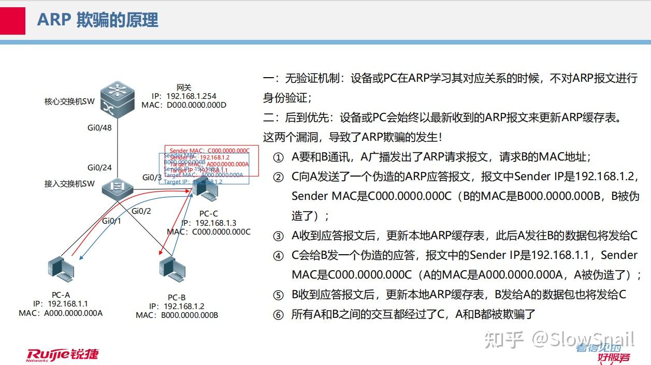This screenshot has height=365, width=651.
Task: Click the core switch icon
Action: [x=118, y=99]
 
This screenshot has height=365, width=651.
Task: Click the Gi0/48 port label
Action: [x=99, y=128]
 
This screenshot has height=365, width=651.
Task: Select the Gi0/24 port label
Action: [x=99, y=167]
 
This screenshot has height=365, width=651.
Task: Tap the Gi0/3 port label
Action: [x=152, y=178]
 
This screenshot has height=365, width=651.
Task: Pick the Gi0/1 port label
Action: [x=111, y=221]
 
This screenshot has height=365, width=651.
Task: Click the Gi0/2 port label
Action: [x=141, y=211]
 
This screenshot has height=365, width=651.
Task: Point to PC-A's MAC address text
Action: [x=61, y=313]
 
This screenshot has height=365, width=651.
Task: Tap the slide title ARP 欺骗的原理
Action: [x=97, y=20]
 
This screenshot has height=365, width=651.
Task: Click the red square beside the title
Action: [x=12, y=20]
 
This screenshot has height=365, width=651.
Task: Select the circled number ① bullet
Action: [x=279, y=157]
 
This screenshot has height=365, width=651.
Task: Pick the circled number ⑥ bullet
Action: [x=279, y=315]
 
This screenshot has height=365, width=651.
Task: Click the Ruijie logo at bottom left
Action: [x=62, y=354]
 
